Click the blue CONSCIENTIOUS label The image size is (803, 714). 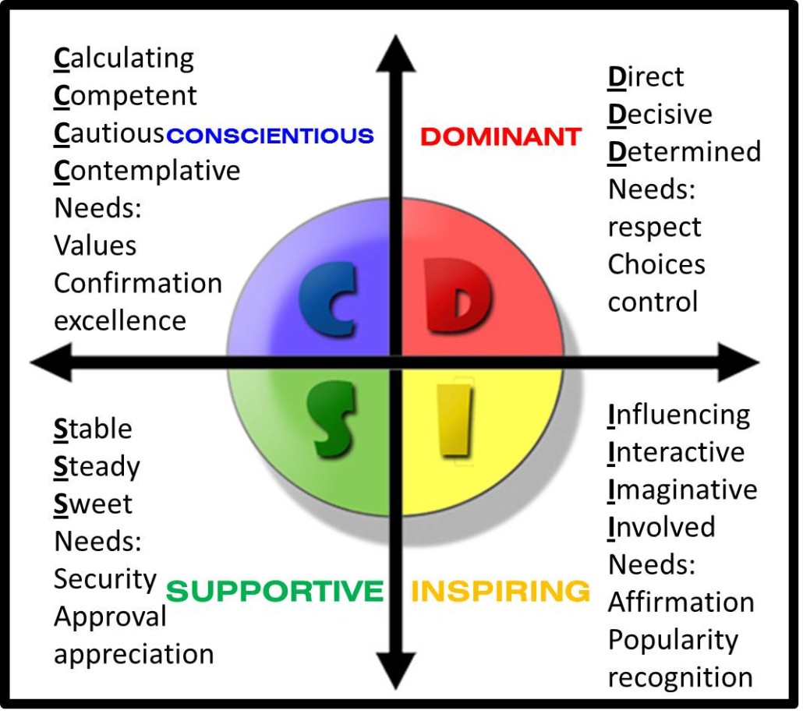click(x=271, y=136)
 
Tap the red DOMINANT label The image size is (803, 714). click(x=501, y=136)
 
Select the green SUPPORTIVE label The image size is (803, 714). click(x=275, y=591)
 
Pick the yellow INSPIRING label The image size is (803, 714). click(x=501, y=591)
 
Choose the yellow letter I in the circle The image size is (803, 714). click(x=455, y=421)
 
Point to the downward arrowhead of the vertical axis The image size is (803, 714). click(x=396, y=672)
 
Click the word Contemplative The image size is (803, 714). click(x=147, y=170)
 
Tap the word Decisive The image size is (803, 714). click(x=660, y=115)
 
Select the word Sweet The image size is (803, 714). click(x=93, y=504)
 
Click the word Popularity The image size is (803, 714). click(x=672, y=639)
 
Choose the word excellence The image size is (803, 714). click(x=120, y=320)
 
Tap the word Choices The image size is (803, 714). click(x=656, y=264)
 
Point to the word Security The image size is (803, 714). click(x=105, y=578)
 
